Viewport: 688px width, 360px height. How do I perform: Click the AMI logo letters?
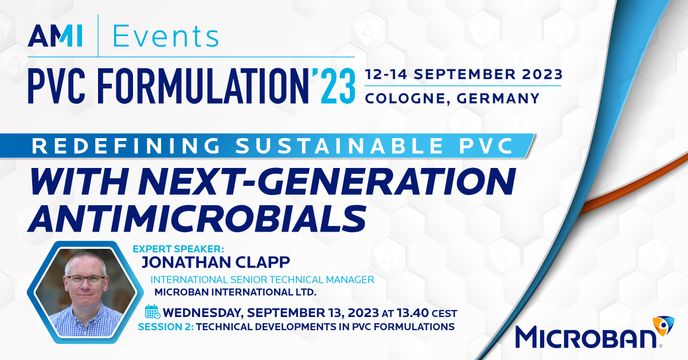click(x=55, y=36)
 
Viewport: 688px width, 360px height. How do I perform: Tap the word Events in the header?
click(x=166, y=36)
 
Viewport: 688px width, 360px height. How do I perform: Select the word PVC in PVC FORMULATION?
click(x=57, y=87)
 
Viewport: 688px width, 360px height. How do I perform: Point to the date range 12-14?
click(x=386, y=75)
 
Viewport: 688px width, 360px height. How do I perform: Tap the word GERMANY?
click(x=498, y=99)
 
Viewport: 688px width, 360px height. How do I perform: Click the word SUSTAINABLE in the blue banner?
click(x=339, y=146)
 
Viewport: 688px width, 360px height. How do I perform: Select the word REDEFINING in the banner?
click(x=126, y=146)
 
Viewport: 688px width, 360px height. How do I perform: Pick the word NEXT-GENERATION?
click(x=327, y=182)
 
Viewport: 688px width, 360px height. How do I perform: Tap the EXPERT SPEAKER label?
click(x=178, y=249)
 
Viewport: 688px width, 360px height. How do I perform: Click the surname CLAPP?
click(x=263, y=263)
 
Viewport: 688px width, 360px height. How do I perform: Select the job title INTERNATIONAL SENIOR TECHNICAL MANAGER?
click(x=263, y=280)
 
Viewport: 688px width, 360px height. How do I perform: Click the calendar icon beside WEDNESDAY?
click(x=153, y=312)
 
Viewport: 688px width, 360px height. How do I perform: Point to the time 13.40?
click(x=412, y=313)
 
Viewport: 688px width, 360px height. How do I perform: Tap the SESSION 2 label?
click(x=166, y=327)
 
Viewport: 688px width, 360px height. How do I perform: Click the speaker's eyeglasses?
click(x=85, y=280)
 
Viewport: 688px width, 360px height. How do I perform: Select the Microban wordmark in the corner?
click(x=586, y=337)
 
